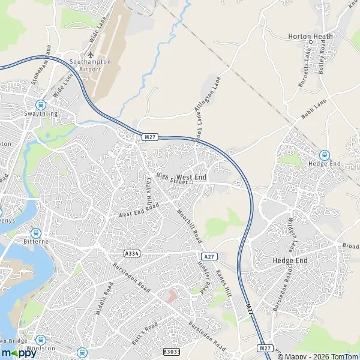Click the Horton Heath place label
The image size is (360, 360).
(x=310, y=36)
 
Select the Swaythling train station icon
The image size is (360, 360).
(x=41, y=104)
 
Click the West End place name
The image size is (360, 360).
(x=192, y=178)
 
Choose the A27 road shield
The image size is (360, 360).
(x=208, y=256)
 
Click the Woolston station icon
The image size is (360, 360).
(x=41, y=340)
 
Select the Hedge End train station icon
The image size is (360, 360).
(x=324, y=155)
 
